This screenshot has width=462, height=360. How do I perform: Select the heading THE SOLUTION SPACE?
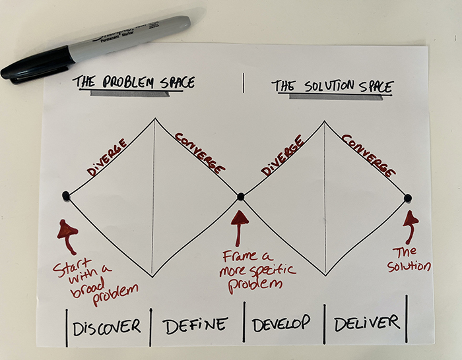[x=333, y=86]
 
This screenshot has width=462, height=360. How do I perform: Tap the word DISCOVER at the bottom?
[x=106, y=325]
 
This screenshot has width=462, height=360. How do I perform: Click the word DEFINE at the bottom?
[x=195, y=324]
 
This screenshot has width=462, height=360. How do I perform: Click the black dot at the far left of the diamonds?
[x=65, y=196]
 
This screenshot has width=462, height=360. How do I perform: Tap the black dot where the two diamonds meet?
[x=241, y=196]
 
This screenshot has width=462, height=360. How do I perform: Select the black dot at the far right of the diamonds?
[x=408, y=198]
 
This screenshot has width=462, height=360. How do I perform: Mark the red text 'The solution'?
[x=411, y=259]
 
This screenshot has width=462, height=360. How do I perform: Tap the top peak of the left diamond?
[x=155, y=119]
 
